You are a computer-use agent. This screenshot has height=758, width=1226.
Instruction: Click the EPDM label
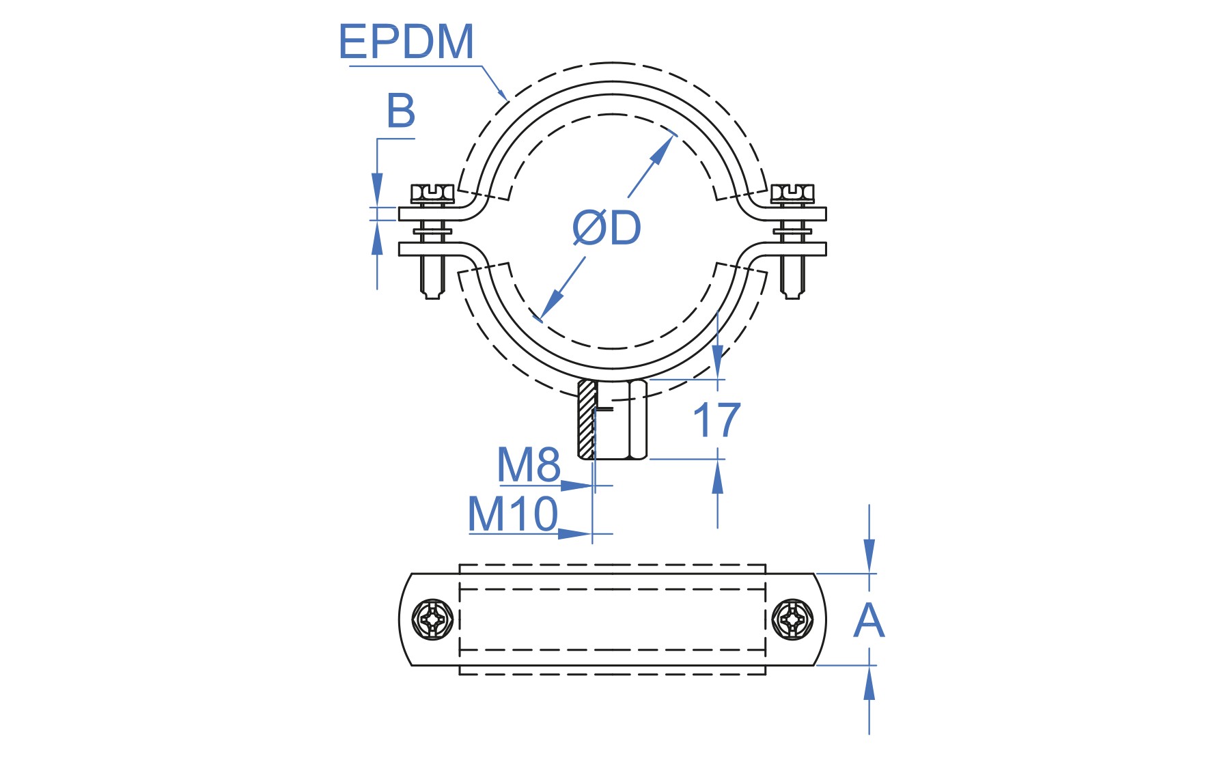(406, 42)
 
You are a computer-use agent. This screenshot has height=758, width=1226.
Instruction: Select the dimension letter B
(401, 111)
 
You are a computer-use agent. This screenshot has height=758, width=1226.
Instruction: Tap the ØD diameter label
(607, 227)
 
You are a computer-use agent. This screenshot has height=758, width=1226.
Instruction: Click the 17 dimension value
(716, 420)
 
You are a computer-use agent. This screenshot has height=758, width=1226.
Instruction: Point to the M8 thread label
(529, 464)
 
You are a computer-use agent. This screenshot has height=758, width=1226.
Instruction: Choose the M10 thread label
(513, 514)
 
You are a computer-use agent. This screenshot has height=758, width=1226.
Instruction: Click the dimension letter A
(869, 620)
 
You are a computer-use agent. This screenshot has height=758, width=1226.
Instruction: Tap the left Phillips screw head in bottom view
(433, 620)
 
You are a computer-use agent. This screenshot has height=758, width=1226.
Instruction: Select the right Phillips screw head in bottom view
(792, 620)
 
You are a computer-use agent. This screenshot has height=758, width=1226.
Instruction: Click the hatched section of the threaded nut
(586, 419)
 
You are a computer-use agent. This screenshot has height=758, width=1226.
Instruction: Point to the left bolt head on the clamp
(432, 194)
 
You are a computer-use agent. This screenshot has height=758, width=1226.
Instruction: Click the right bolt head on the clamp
(792, 194)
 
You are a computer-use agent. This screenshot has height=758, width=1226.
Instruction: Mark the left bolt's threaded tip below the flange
(432, 277)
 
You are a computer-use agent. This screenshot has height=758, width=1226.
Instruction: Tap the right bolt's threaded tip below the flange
(792, 277)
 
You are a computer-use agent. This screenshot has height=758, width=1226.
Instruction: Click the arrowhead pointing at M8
(576, 486)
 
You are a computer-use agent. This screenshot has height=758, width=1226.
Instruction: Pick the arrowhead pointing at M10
(574, 533)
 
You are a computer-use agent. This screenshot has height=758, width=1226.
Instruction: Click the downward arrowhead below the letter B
(377, 189)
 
